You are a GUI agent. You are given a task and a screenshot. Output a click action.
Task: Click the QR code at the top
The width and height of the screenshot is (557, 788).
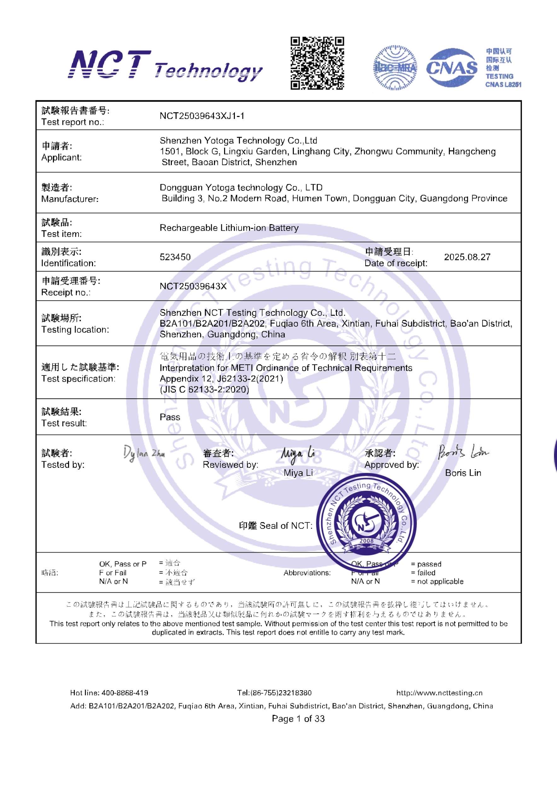[317, 63]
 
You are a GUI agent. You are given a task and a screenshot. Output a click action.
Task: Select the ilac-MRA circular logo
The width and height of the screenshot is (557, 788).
[395, 68]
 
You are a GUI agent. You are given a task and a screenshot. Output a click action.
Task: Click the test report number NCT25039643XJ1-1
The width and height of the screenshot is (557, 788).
[202, 116]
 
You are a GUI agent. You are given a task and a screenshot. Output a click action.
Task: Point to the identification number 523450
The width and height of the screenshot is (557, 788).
[175, 257]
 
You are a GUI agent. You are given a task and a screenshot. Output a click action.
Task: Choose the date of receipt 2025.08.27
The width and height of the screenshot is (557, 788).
[467, 257]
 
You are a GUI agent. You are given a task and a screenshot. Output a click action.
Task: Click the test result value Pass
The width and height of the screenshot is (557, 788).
[170, 417]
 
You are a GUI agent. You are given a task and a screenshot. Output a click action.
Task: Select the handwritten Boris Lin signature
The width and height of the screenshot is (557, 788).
[463, 452]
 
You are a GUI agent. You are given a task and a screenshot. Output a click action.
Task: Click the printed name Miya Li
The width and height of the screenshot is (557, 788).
[298, 473]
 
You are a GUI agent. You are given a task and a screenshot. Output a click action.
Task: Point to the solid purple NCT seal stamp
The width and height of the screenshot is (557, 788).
[366, 526]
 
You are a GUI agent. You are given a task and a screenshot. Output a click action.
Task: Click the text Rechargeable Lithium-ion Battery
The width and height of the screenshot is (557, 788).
[229, 228]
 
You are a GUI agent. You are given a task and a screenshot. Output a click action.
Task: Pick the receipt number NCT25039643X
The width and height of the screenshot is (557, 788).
[193, 286]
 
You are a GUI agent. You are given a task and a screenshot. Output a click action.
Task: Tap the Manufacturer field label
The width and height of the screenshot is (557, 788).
[70, 199]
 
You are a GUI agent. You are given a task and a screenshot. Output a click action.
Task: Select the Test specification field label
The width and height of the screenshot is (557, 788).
[78, 379]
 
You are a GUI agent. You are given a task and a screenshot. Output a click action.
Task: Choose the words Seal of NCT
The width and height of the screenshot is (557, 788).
[286, 526]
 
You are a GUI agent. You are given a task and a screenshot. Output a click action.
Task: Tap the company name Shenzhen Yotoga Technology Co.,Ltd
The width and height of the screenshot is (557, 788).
[238, 140]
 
